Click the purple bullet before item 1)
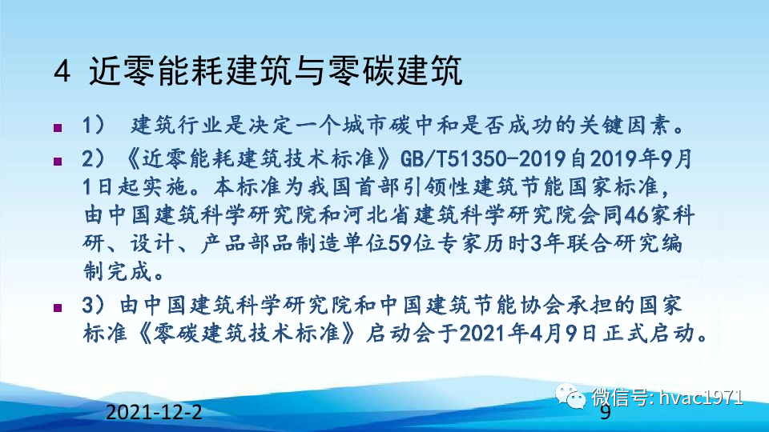point(57,128)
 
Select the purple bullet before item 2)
point(57,162)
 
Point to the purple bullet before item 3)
point(57,306)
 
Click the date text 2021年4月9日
point(536,332)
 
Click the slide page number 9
point(606,413)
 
